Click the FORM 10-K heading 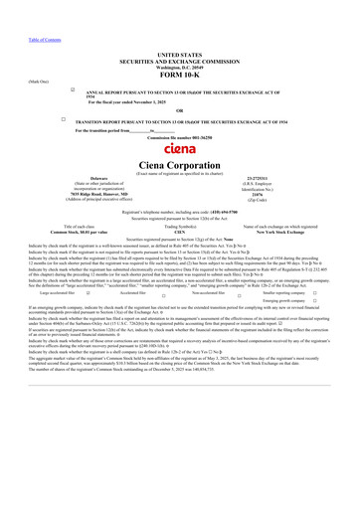pyautogui.click(x=180, y=75)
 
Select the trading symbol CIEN pyautogui.click(x=180, y=231)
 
